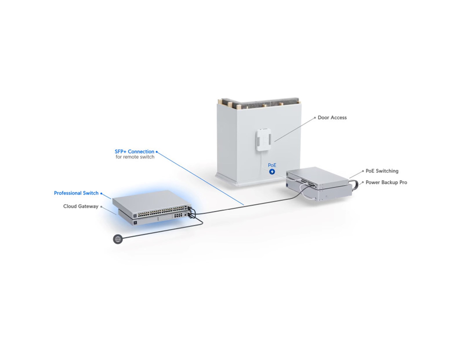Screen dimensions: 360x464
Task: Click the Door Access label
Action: [x=332, y=117]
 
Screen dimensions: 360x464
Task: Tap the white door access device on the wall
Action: [x=264, y=140]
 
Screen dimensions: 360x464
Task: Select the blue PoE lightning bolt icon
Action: [x=272, y=172]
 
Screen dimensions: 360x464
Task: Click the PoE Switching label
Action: [x=382, y=171]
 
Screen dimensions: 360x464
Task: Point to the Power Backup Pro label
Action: [x=386, y=182]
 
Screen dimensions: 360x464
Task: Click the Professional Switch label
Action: [x=76, y=193]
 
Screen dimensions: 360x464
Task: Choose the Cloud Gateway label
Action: [x=81, y=206]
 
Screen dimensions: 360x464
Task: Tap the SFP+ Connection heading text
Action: [x=134, y=151]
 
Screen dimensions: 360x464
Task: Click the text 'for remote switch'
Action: [x=135, y=157]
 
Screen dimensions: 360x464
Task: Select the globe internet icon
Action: [x=118, y=239]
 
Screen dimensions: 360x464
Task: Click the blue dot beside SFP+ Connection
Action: [x=157, y=152]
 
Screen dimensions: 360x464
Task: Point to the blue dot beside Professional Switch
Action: [x=101, y=193]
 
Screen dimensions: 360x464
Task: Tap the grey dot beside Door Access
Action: [x=315, y=118]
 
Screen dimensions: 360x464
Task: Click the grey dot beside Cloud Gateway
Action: [x=101, y=207]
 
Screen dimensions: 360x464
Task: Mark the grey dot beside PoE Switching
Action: [x=363, y=171]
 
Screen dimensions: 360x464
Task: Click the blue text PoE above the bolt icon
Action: [x=272, y=165]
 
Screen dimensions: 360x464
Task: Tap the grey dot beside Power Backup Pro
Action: [x=362, y=182]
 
